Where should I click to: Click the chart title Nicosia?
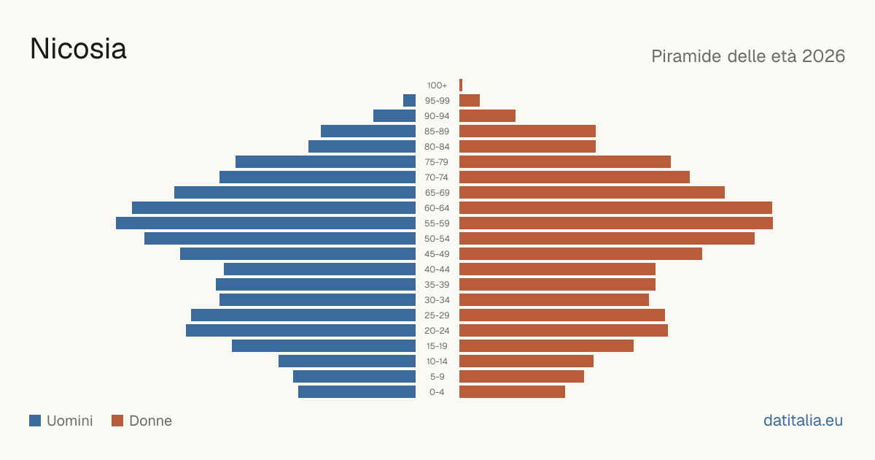pos(78,49)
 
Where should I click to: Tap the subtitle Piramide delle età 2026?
pos(748,56)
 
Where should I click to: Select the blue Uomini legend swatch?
pos(35,421)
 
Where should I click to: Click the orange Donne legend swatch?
pos(117,421)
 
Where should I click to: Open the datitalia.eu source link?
pos(803,421)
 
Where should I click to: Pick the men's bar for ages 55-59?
pos(265,223)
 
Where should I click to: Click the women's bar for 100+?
pos(461,85)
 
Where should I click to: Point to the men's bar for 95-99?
pos(409,100)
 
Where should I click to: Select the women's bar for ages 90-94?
pos(488,116)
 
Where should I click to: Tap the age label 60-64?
pos(437,208)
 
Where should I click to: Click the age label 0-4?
pos(437,392)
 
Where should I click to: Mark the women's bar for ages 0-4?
pos(512,392)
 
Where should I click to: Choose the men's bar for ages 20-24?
pos(300,331)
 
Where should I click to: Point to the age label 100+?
pos(437,85)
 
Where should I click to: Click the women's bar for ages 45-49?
pos(580,254)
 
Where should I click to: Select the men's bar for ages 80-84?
pos(362,146)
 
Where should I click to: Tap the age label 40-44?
pos(437,269)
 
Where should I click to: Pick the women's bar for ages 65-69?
pos(592,193)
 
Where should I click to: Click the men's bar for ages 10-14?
pos(347,361)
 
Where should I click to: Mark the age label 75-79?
pos(437,162)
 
